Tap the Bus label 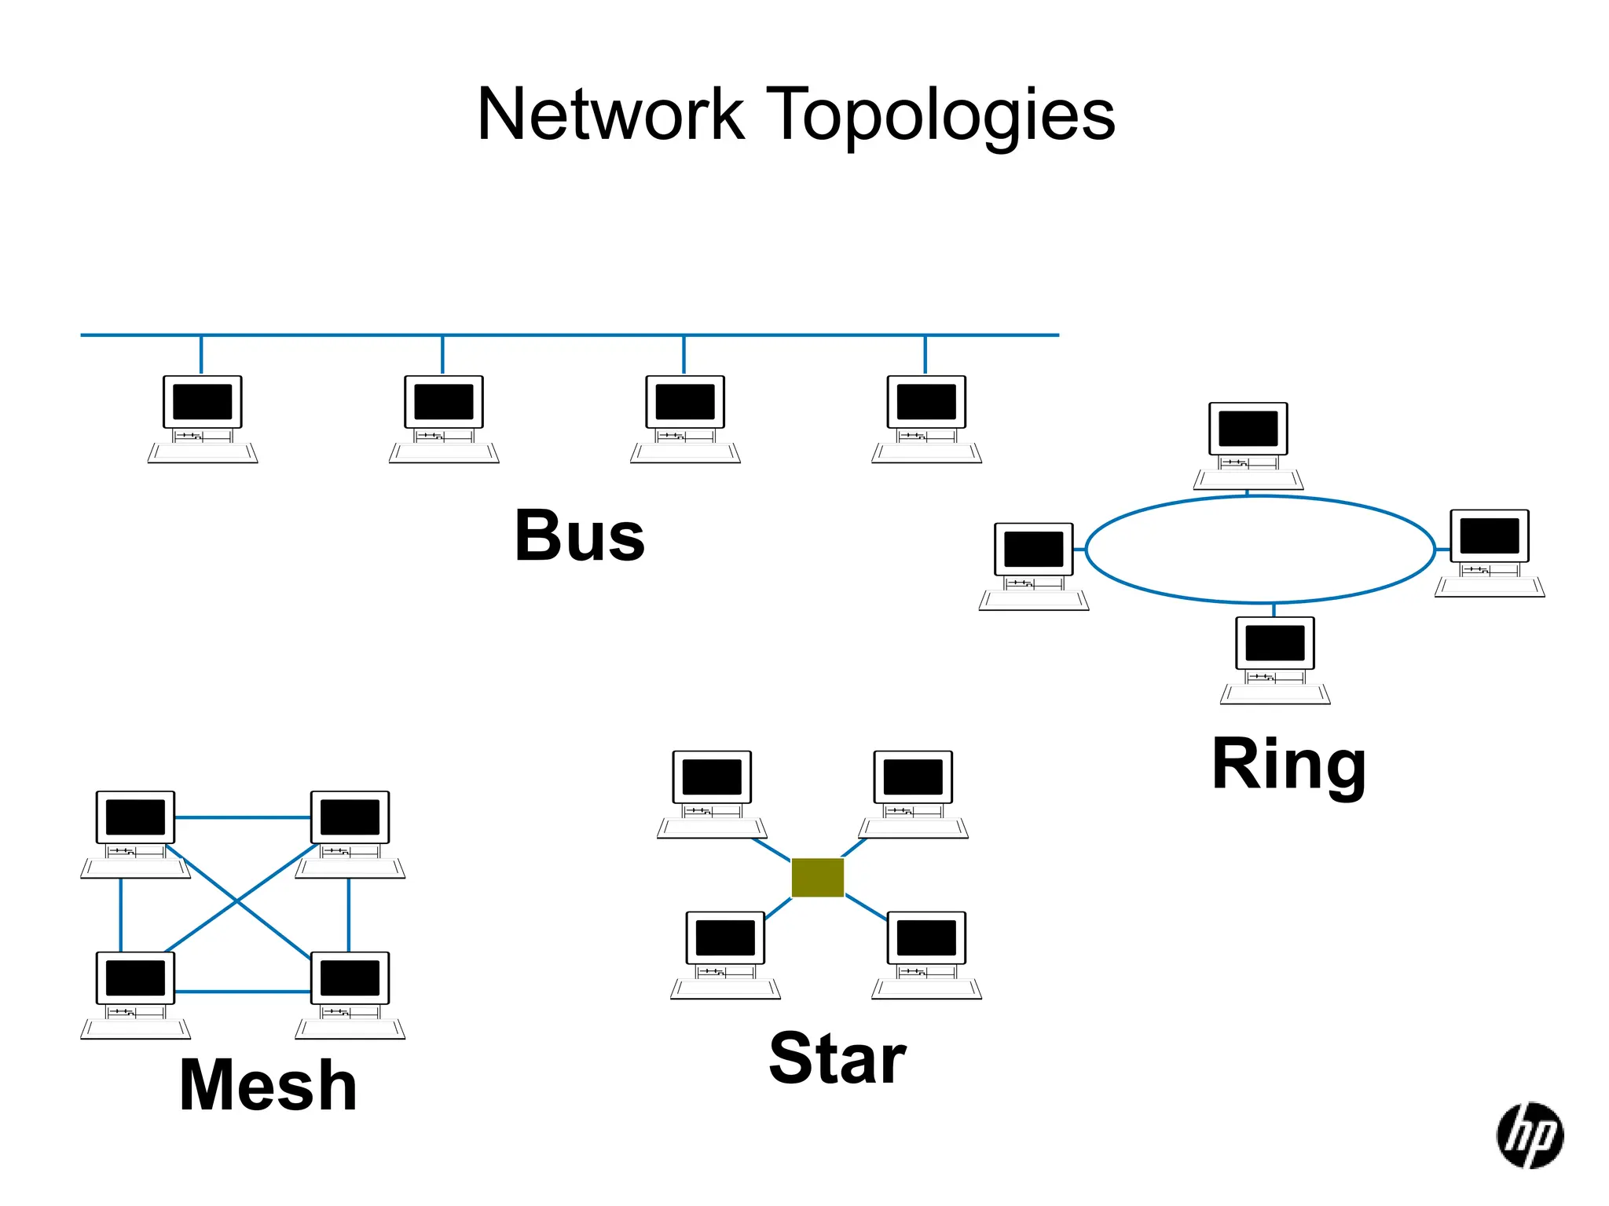click(x=579, y=535)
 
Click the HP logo click(x=1529, y=1135)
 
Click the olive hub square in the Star click(x=817, y=877)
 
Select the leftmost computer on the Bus click(x=203, y=416)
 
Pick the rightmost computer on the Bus click(x=926, y=416)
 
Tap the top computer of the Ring click(x=1248, y=444)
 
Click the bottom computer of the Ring click(x=1274, y=658)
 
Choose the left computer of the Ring click(x=1033, y=564)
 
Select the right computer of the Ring click(x=1489, y=550)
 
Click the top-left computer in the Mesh click(x=135, y=831)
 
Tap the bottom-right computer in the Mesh click(x=350, y=992)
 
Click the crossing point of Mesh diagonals click(x=236, y=902)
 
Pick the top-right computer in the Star click(x=913, y=791)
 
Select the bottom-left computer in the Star click(x=725, y=952)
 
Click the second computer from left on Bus click(x=444, y=416)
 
